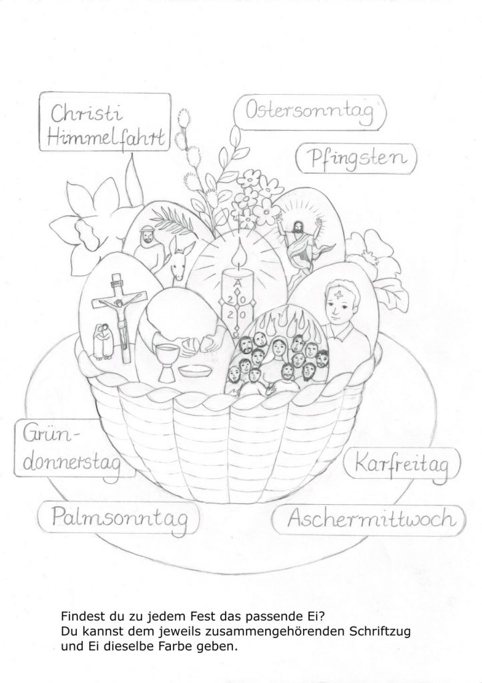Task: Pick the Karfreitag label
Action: coord(401,465)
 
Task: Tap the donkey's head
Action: coord(179,259)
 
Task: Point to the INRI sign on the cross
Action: coord(116,283)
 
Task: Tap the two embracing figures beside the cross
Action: coord(103,342)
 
